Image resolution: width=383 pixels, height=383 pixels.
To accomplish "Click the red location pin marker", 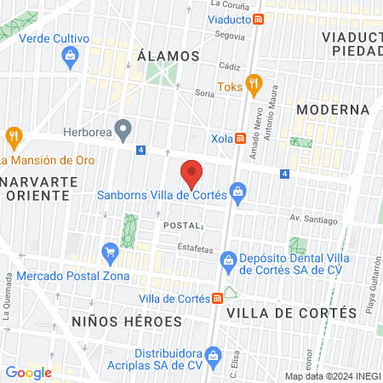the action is click(x=192, y=175).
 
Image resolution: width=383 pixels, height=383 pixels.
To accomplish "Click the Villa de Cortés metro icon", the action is click(x=218, y=298).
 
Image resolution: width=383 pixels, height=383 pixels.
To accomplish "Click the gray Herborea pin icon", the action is click(x=123, y=132).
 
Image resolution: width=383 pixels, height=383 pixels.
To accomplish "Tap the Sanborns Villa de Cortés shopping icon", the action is click(x=238, y=195).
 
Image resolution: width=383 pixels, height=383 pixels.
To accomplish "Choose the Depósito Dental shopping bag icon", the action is click(x=227, y=259).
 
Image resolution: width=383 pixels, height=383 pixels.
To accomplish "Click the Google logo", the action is click(x=29, y=372).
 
